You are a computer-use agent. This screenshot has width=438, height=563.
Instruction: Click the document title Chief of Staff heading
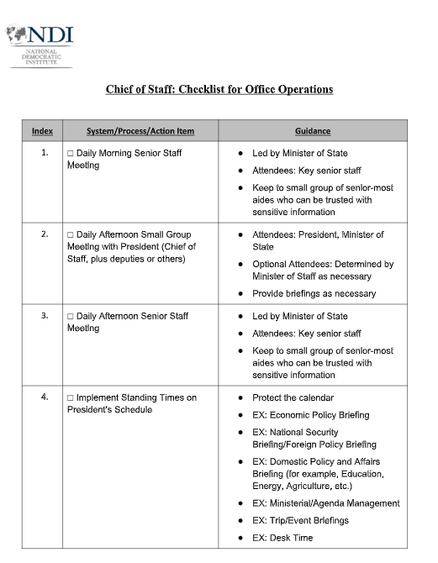219,89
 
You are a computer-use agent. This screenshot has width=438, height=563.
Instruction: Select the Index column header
42,131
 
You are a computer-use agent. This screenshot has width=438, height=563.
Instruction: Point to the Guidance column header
313,131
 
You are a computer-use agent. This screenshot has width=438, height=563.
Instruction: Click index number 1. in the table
44,154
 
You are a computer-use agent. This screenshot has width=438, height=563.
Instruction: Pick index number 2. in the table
44,235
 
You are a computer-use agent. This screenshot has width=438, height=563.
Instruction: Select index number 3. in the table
44,317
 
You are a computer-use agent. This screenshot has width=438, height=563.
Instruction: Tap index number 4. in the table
44,398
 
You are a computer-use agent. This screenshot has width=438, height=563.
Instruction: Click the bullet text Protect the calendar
293,398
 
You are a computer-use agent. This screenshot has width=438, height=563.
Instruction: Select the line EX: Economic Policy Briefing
310,415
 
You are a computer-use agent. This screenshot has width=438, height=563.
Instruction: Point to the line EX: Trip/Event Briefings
300,521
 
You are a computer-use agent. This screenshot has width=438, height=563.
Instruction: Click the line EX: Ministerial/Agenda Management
325,503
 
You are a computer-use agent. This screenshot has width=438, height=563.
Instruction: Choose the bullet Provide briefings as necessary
314,294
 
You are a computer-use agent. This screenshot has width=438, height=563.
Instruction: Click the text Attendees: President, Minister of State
317,241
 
